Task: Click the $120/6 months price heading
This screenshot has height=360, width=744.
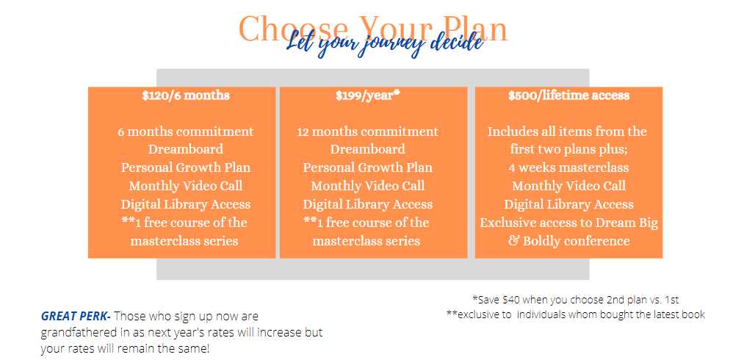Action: pyautogui.click(x=186, y=96)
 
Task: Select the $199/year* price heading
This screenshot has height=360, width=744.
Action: pyautogui.click(x=368, y=96)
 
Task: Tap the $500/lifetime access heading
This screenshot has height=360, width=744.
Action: pyautogui.click(x=569, y=96)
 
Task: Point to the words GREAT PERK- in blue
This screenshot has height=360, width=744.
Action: pyautogui.click(x=76, y=317)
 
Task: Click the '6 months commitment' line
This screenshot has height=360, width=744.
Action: pyautogui.click(x=186, y=132)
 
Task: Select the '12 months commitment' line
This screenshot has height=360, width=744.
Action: pyautogui.click(x=368, y=132)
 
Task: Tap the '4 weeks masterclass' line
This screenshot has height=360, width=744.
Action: pyautogui.click(x=569, y=168)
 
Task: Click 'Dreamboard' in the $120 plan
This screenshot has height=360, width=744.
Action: pyautogui.click(x=186, y=150)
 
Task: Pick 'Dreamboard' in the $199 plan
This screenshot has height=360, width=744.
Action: pyautogui.click(x=368, y=150)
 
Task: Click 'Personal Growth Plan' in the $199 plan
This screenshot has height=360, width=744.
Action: pyautogui.click(x=368, y=168)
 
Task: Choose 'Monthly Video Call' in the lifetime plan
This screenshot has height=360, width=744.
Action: pyautogui.click(x=569, y=186)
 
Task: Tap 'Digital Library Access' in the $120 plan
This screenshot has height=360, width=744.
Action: pyautogui.click(x=186, y=204)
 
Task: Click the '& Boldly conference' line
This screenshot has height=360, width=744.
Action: pyautogui.click(x=569, y=241)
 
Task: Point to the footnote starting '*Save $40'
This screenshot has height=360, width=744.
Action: pyautogui.click(x=576, y=300)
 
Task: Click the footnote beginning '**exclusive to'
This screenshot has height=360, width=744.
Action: pyautogui.click(x=576, y=314)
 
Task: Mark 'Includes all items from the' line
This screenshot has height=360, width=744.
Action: pyautogui.click(x=568, y=132)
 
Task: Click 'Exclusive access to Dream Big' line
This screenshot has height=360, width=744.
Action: pyautogui.click(x=569, y=223)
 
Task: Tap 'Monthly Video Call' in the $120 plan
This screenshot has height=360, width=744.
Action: pyautogui.click(x=186, y=186)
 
